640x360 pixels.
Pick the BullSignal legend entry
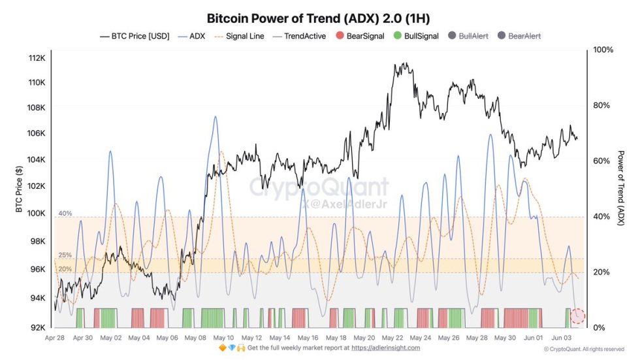point(415,37)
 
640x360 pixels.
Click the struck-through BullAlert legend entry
point(469,37)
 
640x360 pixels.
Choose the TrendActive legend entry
point(300,37)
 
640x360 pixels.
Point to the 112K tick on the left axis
point(35,58)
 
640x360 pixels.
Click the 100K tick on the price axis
point(35,213)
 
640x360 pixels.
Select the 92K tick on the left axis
point(37,327)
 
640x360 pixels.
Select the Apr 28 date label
point(54,338)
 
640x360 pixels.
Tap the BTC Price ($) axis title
point(19,189)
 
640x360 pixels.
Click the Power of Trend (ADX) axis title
point(621,189)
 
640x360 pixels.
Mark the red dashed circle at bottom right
point(577,317)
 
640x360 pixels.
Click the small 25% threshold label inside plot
point(65,255)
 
